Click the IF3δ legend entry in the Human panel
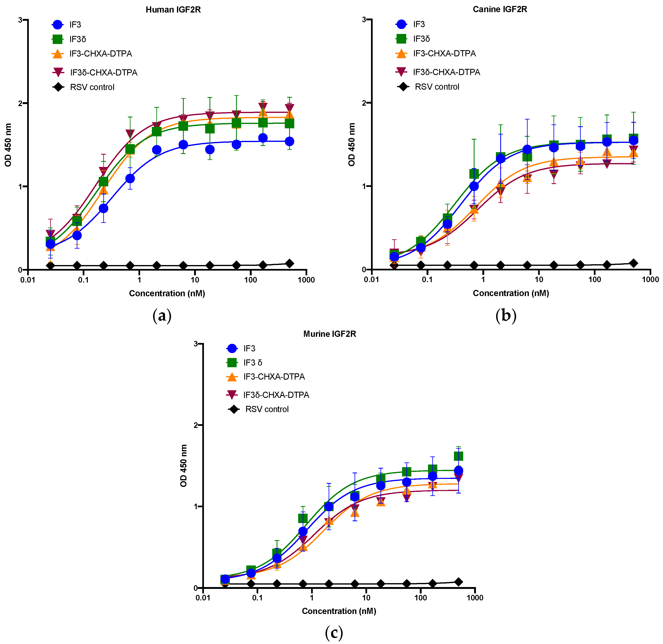78,39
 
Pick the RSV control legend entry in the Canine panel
437,87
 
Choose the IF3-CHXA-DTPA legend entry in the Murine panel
274,377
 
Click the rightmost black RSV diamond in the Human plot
289,263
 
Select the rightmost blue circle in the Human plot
289,141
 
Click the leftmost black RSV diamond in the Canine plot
394,265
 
